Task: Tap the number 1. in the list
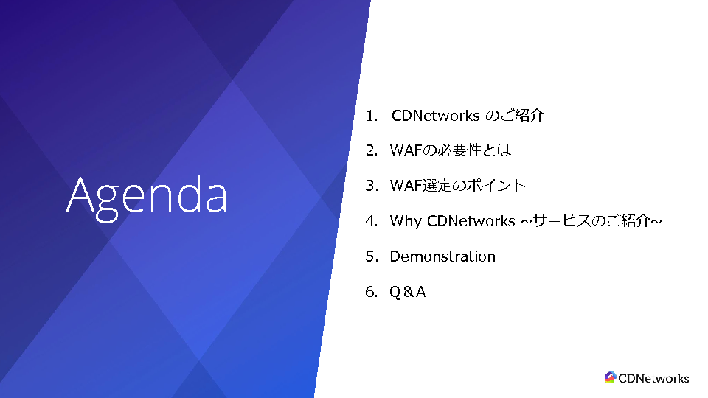click(x=372, y=116)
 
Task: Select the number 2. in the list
click(x=372, y=150)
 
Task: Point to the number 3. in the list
click(x=372, y=186)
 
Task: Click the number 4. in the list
click(x=372, y=221)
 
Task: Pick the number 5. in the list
click(x=372, y=256)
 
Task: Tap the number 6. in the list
click(x=372, y=292)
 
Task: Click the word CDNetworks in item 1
click(x=435, y=116)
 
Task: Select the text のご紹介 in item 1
click(x=515, y=116)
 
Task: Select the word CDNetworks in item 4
click(x=471, y=221)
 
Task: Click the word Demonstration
click(x=442, y=256)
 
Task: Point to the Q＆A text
click(x=408, y=292)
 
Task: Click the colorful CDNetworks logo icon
click(x=610, y=377)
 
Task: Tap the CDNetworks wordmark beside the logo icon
click(x=653, y=378)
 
